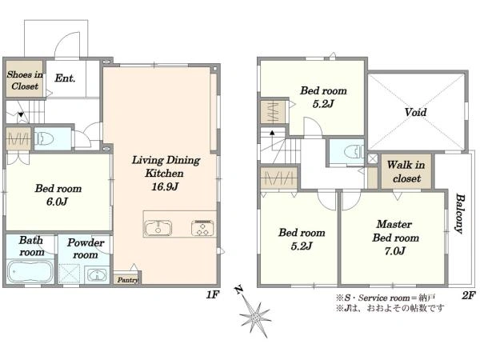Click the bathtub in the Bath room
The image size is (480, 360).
pos(30,271)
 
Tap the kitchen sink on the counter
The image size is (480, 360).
pos(158,228)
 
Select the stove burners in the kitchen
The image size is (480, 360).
pos(202,228)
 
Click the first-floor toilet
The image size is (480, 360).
pos(44,138)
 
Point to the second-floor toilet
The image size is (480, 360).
pos(354,152)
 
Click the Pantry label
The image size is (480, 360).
pos(128,280)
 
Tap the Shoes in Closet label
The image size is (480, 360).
pos(25,80)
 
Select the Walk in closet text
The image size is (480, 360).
pos(406,171)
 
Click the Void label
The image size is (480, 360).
pos(415,112)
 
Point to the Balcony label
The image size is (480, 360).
pos(459,213)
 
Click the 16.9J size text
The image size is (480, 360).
pos(165,186)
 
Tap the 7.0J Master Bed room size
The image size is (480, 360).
pos(395,251)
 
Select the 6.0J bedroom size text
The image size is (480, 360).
pos(58,202)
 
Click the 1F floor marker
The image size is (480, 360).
pos(213,294)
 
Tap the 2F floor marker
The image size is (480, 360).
pos(469,295)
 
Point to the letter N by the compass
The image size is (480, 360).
pos(238,290)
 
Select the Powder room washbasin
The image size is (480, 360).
pos(97,274)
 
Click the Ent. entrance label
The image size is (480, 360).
pos(65,78)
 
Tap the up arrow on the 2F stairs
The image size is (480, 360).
pos(272,133)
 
